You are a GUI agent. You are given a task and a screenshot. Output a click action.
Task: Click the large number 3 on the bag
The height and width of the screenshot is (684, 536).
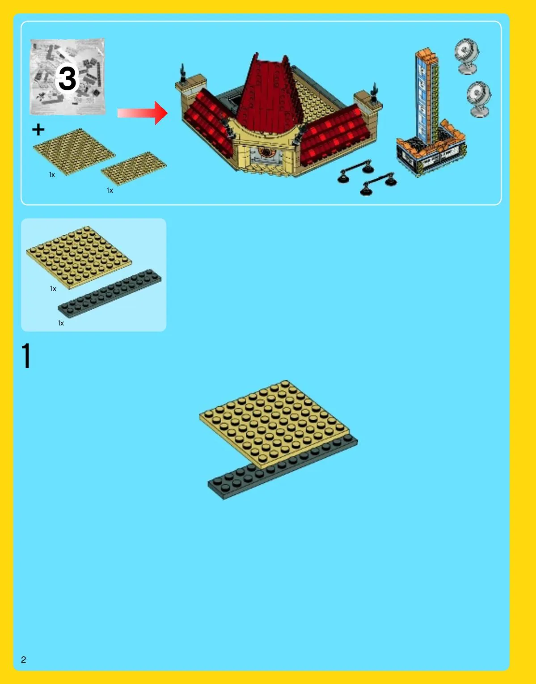tap(67, 78)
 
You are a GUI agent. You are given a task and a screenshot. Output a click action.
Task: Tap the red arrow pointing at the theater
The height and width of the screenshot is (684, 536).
tap(142, 113)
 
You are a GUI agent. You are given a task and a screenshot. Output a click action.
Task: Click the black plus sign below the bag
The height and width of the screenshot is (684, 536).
tap(38, 129)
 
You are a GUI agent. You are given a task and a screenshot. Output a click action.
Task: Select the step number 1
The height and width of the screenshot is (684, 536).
tap(26, 355)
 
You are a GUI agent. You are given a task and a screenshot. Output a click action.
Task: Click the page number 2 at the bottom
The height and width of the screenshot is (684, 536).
tap(24, 659)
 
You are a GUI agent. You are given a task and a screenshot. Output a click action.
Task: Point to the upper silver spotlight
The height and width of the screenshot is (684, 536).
tap(466, 56)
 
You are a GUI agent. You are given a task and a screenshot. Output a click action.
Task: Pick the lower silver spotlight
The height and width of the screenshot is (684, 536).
tap(478, 99)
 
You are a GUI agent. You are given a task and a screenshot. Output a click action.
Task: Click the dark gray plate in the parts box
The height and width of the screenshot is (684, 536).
tap(110, 293)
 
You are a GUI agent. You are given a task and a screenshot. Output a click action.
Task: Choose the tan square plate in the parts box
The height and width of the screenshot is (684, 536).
tap(79, 257)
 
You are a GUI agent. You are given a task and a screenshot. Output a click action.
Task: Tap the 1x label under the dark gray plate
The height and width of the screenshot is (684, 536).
tap(61, 323)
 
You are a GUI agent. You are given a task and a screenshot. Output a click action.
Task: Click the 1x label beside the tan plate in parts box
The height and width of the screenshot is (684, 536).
tap(53, 289)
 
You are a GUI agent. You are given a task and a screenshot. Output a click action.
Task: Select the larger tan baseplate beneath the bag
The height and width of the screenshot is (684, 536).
tap(74, 152)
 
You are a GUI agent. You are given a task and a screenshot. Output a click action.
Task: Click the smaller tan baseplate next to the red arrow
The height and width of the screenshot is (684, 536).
tap(134, 168)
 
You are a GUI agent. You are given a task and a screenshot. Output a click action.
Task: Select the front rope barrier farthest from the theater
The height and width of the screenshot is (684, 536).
tap(379, 183)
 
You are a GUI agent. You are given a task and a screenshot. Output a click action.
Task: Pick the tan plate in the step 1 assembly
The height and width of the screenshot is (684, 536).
tap(274, 424)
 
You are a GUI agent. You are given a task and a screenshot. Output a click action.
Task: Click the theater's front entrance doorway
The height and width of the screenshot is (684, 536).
tap(266, 156)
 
